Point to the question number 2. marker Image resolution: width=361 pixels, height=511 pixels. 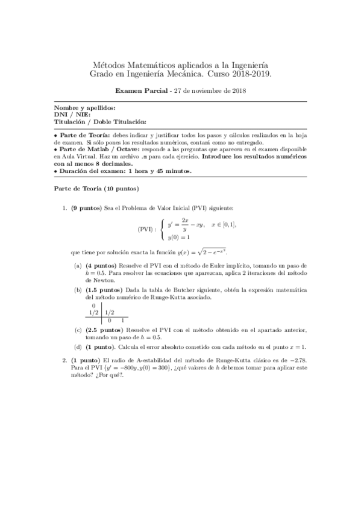pos(65,360)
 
